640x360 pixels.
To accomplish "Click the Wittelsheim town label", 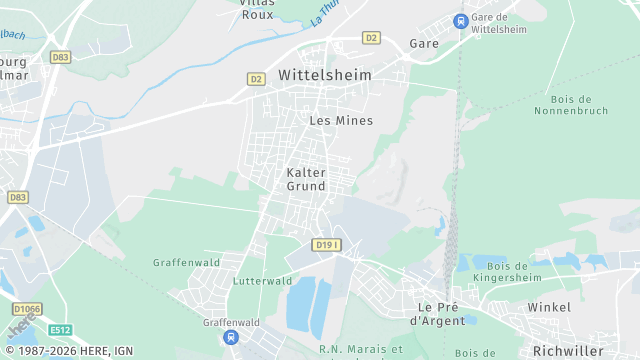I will click(324, 75).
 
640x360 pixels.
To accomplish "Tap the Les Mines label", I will click(341, 120).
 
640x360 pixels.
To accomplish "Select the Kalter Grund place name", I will click(306, 179).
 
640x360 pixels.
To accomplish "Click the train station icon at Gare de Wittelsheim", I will click(460, 20).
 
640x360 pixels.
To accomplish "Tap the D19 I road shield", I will click(326, 245).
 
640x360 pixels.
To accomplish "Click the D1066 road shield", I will click(27, 309).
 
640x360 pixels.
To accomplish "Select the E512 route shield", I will click(61, 329).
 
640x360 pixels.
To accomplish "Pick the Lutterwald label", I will click(262, 281).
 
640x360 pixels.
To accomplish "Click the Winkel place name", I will click(548, 306).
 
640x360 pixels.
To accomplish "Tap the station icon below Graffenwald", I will click(232, 338).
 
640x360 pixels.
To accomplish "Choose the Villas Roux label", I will click(258, 8).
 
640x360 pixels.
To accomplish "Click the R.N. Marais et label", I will click(360, 350).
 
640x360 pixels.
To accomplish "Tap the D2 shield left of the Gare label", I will click(371, 38).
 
